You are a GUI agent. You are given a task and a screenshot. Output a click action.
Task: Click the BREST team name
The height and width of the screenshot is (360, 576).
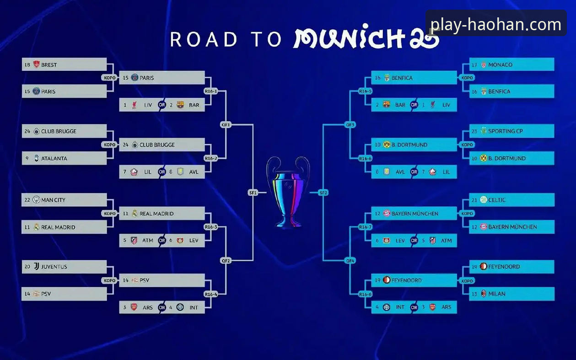49,65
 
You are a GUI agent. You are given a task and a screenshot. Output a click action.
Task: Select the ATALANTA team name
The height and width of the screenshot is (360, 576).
54,158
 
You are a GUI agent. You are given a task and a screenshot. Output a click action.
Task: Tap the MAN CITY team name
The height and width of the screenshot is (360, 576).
53,200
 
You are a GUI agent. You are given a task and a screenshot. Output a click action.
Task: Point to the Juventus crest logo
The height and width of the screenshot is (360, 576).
36,266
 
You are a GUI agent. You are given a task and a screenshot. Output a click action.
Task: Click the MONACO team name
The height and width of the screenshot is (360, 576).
500,65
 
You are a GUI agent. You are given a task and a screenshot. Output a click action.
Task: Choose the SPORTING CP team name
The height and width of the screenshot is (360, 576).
505,131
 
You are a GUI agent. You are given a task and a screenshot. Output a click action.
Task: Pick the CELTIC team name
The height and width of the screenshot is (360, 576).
497,200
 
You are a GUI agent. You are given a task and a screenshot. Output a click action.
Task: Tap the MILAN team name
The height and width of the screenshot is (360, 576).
497,294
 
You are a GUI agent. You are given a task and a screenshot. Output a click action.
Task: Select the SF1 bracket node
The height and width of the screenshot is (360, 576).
253,193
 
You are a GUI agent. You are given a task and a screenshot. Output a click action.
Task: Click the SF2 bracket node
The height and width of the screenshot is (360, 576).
323,193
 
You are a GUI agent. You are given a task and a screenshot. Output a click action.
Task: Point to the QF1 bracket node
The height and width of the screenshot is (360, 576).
226,124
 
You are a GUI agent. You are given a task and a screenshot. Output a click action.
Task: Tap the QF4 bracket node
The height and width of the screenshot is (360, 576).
350,261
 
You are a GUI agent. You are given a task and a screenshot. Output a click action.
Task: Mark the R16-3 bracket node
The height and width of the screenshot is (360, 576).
211,227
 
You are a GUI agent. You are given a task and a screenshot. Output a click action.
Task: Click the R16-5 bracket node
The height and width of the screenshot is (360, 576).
365,91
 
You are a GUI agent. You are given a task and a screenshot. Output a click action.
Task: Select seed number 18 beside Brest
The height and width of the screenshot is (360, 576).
27,65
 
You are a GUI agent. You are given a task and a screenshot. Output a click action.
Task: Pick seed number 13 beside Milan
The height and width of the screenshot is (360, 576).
474,294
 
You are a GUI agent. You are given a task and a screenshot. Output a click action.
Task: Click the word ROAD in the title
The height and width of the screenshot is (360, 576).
204,39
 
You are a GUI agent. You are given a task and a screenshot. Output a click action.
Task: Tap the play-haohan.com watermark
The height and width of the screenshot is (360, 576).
496,24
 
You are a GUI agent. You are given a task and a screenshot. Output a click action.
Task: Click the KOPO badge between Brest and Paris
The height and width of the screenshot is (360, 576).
110,78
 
